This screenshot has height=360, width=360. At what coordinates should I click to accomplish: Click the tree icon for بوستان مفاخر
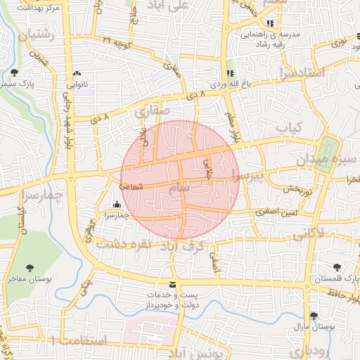coord(30,268)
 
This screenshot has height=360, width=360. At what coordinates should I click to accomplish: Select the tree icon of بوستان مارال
coord(314,315)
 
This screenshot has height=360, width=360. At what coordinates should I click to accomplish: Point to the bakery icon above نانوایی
coord(76,73)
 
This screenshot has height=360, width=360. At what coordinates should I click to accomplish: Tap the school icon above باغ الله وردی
coord(229,74)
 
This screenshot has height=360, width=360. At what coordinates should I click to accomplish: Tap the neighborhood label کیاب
coord(288,127)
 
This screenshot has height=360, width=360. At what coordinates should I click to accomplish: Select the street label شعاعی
coord(131,186)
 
